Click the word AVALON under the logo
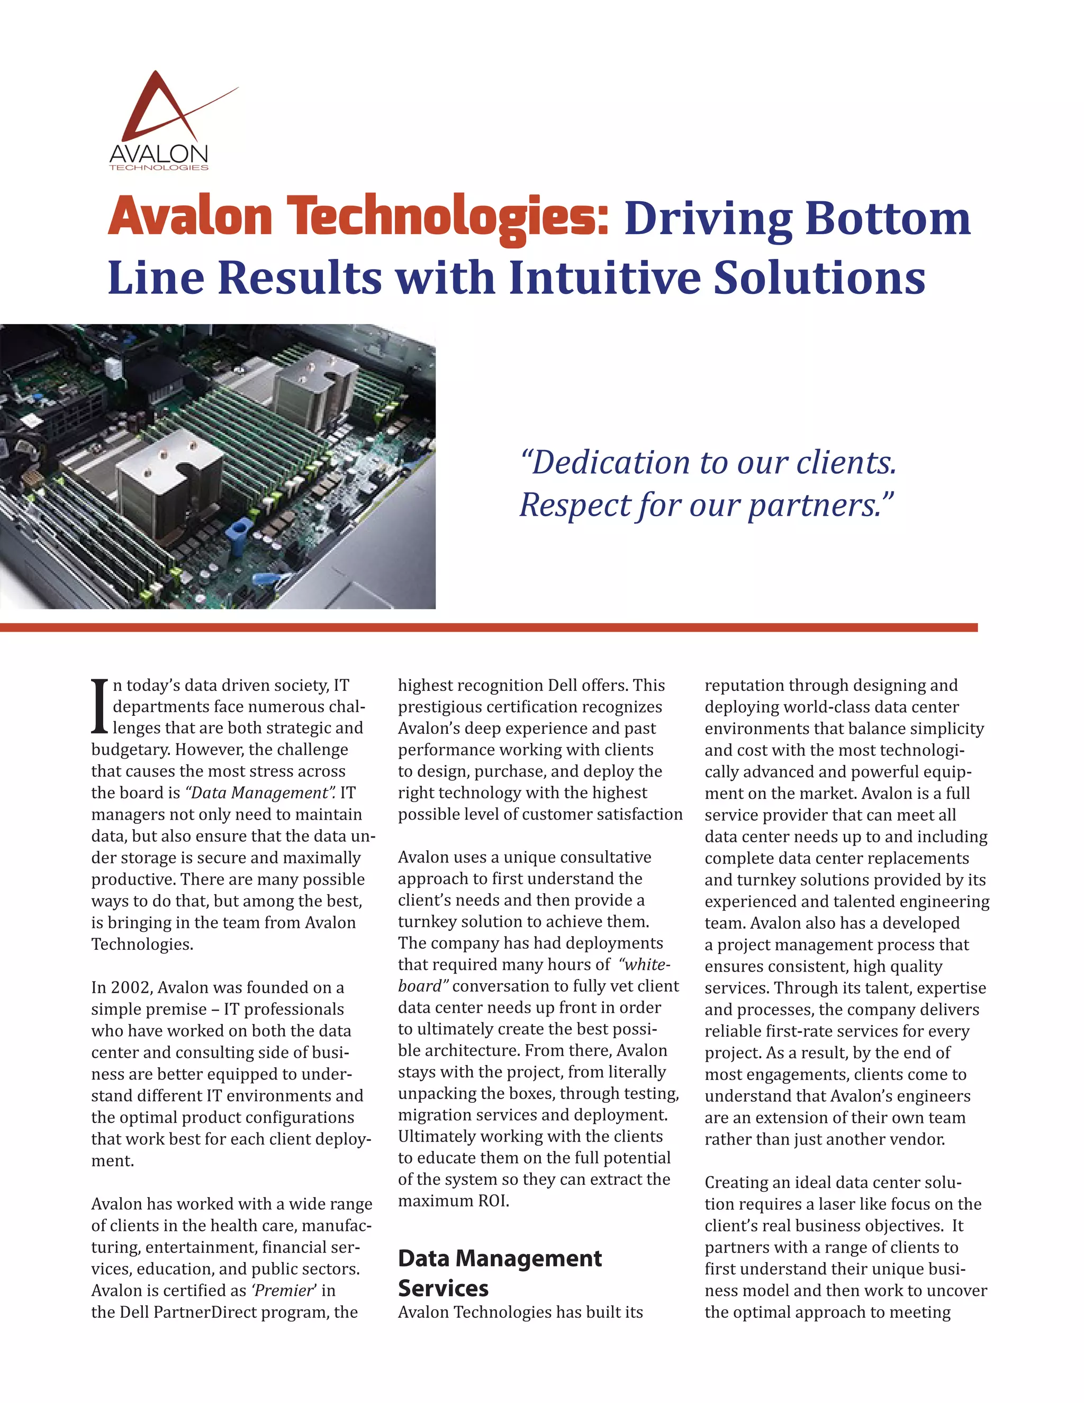point(159,154)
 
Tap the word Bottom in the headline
point(888,219)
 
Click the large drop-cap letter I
point(100,707)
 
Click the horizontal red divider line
point(488,627)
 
